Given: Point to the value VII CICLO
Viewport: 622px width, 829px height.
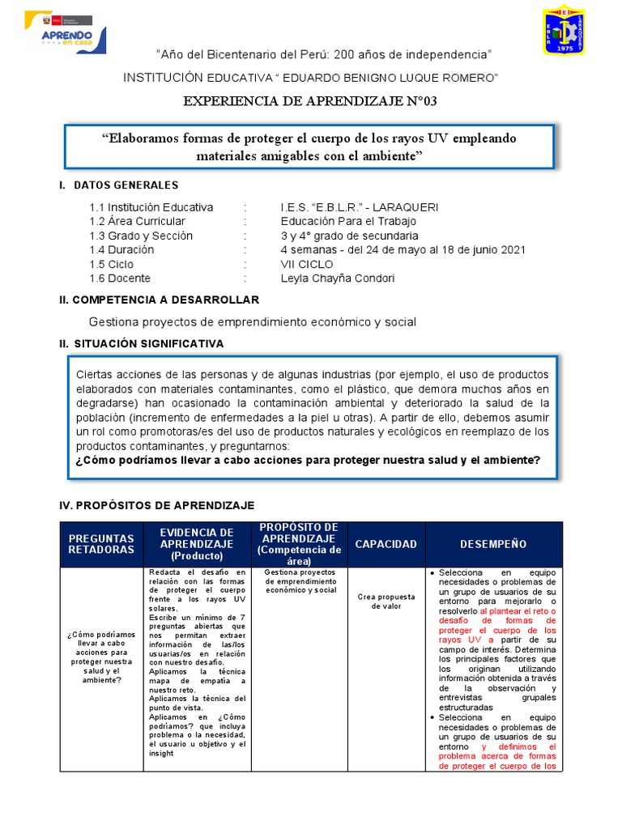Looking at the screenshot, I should pos(307,264).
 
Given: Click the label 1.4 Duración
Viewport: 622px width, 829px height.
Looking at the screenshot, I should pos(121,250).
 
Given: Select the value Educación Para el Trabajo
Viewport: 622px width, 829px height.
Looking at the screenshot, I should pos(348,221).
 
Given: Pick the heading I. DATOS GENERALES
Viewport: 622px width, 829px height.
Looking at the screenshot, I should pos(119,185).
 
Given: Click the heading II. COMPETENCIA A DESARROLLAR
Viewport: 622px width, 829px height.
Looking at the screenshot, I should pos(159,300).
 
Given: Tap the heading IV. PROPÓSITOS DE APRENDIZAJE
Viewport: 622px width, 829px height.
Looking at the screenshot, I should pos(157,505).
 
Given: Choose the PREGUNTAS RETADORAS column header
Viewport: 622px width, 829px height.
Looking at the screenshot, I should pos(101,544).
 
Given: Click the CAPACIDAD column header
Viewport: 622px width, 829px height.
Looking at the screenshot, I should pos(386,544).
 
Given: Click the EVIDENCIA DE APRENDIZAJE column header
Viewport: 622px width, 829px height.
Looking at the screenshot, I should pos(196,544).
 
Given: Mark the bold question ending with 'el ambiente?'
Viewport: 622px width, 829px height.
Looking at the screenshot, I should pos(308,460).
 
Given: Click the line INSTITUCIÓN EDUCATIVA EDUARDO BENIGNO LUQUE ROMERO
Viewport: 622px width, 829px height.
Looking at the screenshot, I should pos(310,77).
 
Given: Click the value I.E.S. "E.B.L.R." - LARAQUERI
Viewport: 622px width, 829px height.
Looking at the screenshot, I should pos(360,207).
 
